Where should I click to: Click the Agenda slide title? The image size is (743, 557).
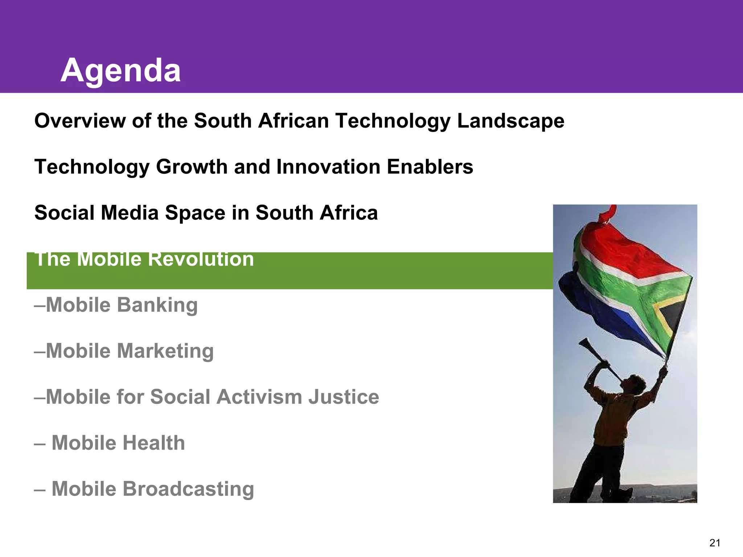[120, 71]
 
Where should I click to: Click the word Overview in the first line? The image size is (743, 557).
[80, 121]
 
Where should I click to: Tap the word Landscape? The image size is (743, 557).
[510, 121]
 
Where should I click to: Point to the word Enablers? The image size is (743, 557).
[430, 167]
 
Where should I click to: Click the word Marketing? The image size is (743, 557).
[165, 351]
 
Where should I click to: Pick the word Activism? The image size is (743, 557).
[259, 397]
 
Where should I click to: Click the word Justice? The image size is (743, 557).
[344, 397]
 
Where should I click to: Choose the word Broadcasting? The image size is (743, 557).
[188, 489]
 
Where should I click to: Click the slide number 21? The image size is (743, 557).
[714, 543]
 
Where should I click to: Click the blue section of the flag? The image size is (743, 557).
[599, 312]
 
